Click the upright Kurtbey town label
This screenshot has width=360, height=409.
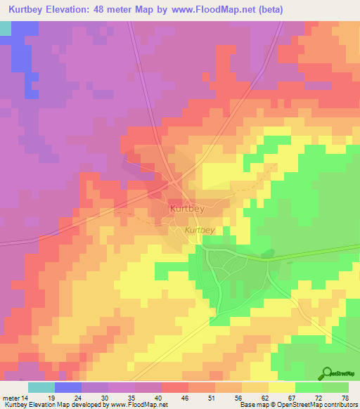pos(187,209)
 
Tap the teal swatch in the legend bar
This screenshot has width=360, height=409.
pos(41,387)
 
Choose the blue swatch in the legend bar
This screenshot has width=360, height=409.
pos(68,387)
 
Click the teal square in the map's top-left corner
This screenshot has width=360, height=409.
pos(6,28)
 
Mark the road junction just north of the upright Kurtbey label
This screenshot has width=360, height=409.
pos(174,184)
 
